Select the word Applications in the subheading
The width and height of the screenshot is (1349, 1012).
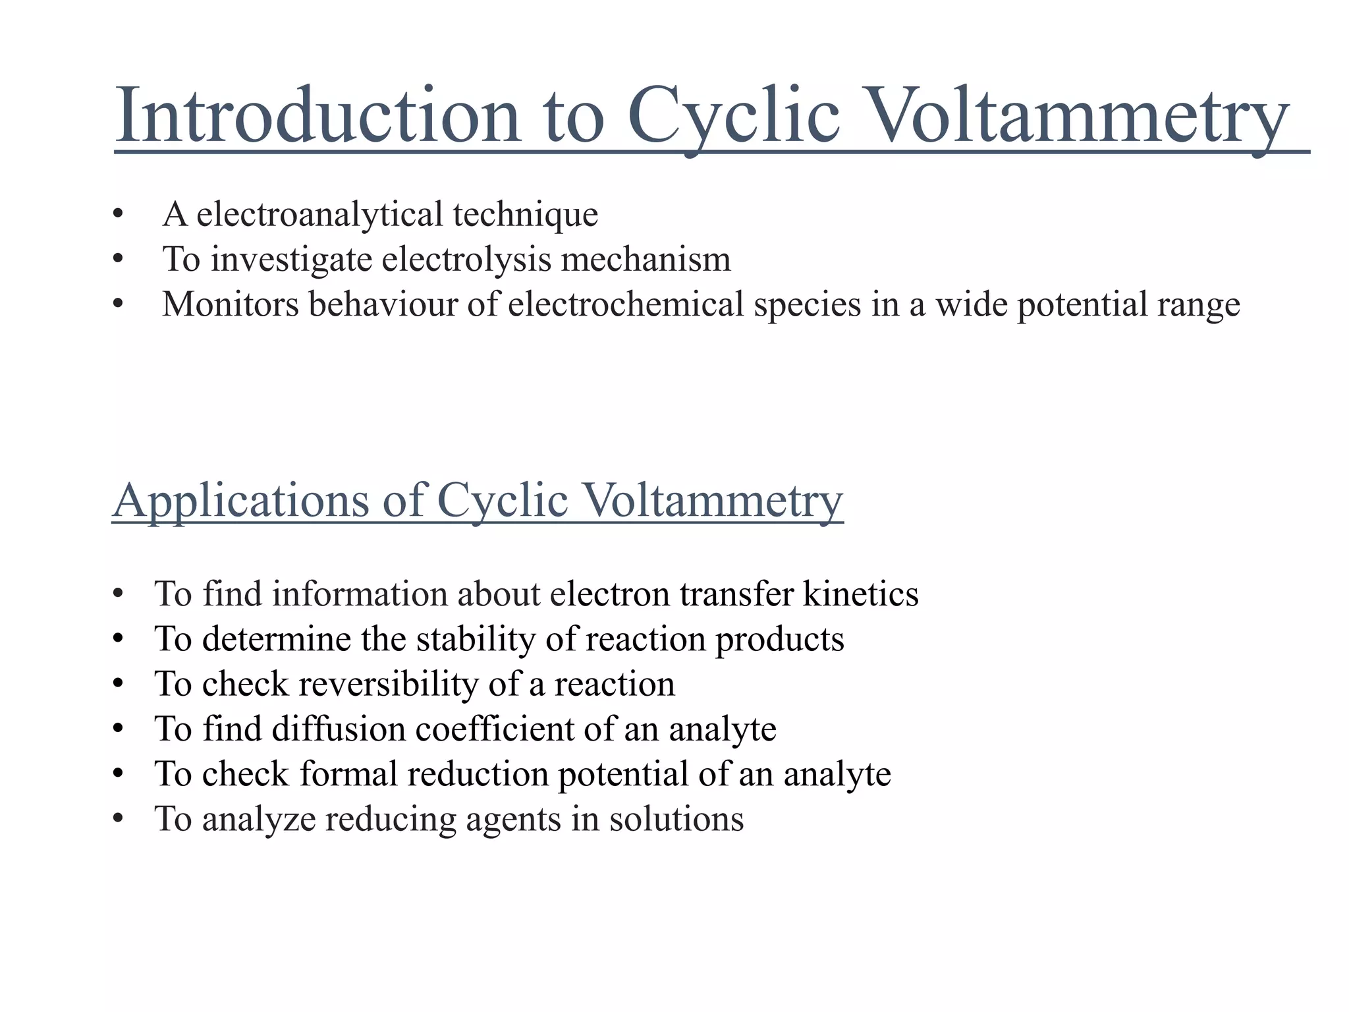click(x=241, y=500)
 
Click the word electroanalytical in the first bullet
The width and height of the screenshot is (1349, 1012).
click(x=319, y=214)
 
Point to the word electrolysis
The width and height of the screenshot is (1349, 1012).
click(x=466, y=259)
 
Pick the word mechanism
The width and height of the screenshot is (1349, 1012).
click(x=646, y=259)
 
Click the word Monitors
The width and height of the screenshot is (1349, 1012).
click(x=231, y=304)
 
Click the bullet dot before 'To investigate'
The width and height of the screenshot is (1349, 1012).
click(x=118, y=260)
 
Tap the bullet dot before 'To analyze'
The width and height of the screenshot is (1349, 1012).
click(x=118, y=820)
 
